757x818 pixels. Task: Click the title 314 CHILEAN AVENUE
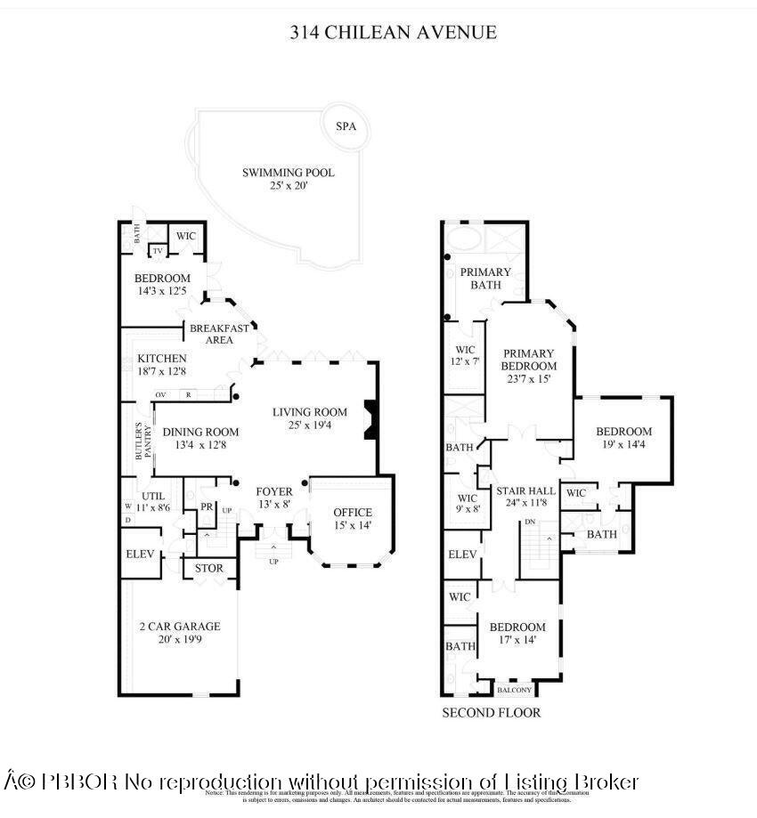(393, 33)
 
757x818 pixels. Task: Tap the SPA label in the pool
(346, 126)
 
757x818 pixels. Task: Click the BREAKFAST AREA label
(219, 334)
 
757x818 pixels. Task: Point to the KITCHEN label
(162, 365)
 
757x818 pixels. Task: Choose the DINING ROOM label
(200, 438)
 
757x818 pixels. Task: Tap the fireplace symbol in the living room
(370, 420)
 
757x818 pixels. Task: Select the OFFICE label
(353, 519)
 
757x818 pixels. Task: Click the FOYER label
(274, 498)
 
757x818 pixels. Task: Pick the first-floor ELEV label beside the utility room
(141, 554)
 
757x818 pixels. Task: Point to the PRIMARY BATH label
(486, 279)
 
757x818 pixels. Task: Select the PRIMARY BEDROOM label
(528, 366)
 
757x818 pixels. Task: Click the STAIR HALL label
(531, 498)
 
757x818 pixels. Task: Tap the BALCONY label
(514, 690)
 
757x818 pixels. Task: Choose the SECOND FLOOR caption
(492, 713)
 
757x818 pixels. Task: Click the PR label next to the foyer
(207, 506)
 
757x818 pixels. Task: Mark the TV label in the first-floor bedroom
(158, 251)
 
